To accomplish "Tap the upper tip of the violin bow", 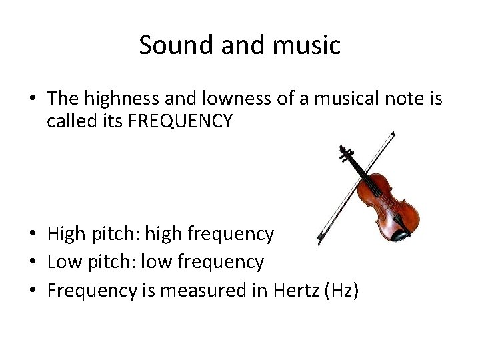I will [393, 134].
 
